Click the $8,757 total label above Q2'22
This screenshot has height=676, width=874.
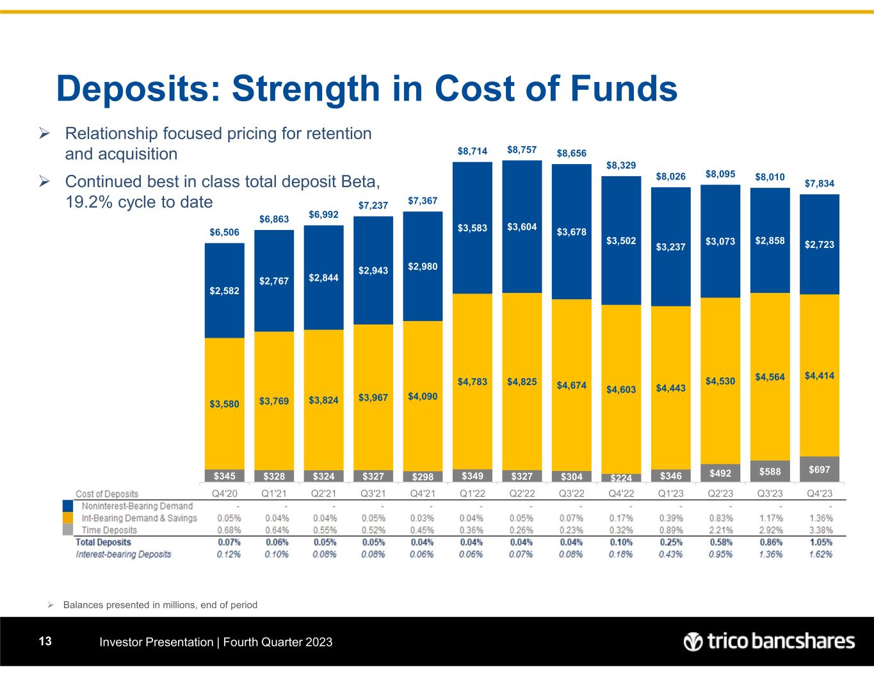pos(522,150)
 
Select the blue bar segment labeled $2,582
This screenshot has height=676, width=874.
pos(224,290)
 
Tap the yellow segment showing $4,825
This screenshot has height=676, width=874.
pos(522,382)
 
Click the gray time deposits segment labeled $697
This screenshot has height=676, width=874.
pos(820,470)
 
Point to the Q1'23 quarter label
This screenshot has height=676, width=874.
pos(670,494)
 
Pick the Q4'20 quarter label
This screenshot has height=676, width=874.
pos(224,494)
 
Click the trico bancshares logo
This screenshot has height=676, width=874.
pos(768,641)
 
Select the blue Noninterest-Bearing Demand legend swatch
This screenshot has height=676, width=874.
pos(68,506)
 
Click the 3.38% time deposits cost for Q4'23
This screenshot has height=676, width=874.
pos(820,530)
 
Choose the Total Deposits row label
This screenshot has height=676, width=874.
pos(103,542)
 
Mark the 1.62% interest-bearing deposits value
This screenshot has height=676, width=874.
pos(820,554)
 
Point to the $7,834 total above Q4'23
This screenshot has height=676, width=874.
pos(820,184)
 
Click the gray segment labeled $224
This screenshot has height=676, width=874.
pos(621,477)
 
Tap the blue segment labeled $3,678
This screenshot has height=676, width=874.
pos(571,231)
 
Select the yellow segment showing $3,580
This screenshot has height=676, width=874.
pos(224,404)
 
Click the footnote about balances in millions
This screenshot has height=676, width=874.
pos(160,604)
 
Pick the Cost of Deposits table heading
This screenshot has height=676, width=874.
pos(107,494)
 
